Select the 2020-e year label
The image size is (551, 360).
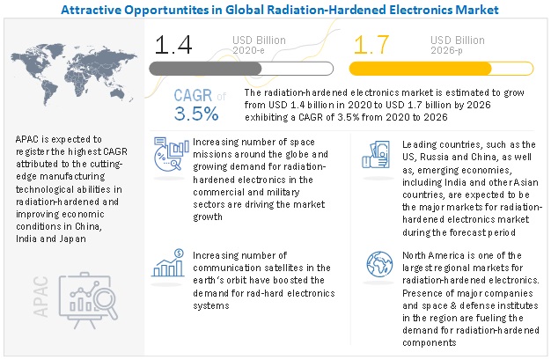point(251,51)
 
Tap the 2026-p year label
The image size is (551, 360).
point(450,51)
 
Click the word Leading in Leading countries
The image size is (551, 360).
point(422,144)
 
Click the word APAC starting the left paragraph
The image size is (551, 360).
point(29,139)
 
